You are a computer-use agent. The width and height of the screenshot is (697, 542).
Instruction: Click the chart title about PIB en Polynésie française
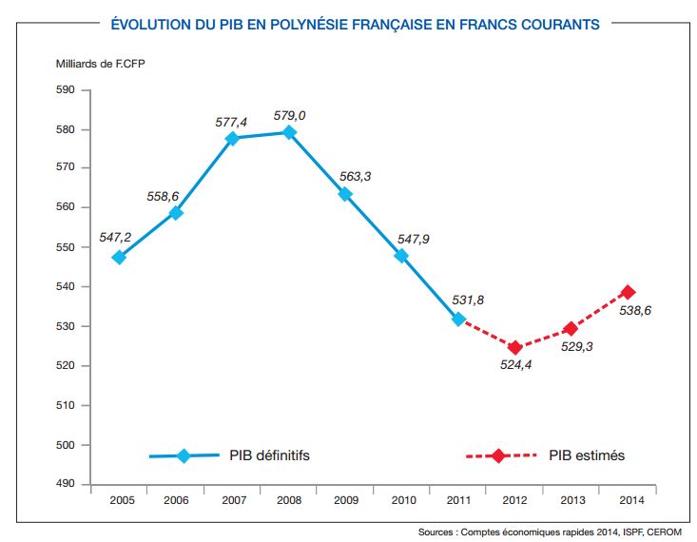click(x=356, y=24)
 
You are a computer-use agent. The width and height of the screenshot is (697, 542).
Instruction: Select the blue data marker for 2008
click(x=290, y=132)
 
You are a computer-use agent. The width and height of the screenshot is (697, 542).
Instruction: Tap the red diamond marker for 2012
click(x=514, y=347)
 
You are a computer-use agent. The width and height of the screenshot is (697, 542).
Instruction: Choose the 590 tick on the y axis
click(x=65, y=89)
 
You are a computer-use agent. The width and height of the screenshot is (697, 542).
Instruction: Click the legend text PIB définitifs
click(x=269, y=455)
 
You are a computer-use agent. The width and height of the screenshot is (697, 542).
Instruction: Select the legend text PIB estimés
click(x=587, y=455)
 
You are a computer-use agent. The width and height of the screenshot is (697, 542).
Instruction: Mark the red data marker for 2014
click(x=628, y=292)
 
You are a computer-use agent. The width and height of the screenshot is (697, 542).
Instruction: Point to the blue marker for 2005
click(x=119, y=257)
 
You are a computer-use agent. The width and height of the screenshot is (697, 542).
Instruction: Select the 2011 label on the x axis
click(x=458, y=499)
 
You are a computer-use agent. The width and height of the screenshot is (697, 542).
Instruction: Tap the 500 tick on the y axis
click(x=65, y=445)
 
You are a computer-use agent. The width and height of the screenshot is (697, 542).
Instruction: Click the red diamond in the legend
click(x=497, y=455)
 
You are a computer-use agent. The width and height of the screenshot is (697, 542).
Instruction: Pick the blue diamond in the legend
click(x=184, y=455)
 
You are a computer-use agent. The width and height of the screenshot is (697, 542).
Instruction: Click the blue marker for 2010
click(x=401, y=256)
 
